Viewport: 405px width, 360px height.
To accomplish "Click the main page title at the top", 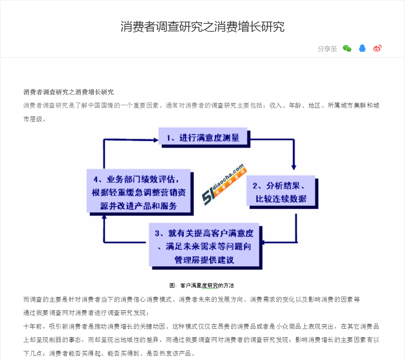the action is (202, 27).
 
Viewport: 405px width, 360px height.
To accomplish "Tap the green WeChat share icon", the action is (347, 48).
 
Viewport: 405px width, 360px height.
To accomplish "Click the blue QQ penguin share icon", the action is (362, 48).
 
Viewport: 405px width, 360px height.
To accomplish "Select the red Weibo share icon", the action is (377, 48).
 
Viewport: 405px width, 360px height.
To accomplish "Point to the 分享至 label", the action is (327, 49).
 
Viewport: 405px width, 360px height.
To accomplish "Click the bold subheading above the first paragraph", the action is (68, 92).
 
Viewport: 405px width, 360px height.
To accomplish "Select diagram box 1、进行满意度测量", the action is (204, 138).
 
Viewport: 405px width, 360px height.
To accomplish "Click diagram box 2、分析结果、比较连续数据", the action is (282, 192).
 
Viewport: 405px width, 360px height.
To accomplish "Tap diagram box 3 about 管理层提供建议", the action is (205, 246).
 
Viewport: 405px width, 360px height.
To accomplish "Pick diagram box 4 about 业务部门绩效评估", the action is (140, 192).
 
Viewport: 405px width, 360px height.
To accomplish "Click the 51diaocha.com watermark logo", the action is (224, 184).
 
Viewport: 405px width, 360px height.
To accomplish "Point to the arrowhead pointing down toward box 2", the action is (294, 167).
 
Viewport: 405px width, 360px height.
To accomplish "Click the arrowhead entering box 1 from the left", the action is (156, 140).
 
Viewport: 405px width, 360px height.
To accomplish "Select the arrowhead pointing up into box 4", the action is (104, 217).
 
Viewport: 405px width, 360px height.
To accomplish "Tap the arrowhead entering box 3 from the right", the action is (263, 242).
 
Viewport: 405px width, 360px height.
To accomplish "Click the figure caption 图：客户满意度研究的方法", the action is (202, 285).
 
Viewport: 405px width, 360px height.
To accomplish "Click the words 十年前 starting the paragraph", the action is (33, 327).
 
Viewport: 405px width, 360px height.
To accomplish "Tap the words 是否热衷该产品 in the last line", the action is (169, 353).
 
